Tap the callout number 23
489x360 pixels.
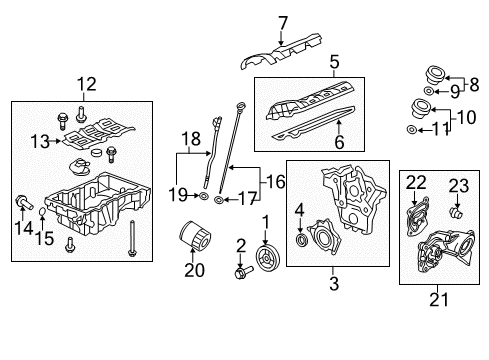[459, 184]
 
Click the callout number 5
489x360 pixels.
[333, 60]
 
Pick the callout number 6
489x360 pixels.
[338, 143]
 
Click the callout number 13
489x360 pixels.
[39, 141]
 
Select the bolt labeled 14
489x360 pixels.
[20, 205]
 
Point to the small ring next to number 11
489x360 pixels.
[411, 130]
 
